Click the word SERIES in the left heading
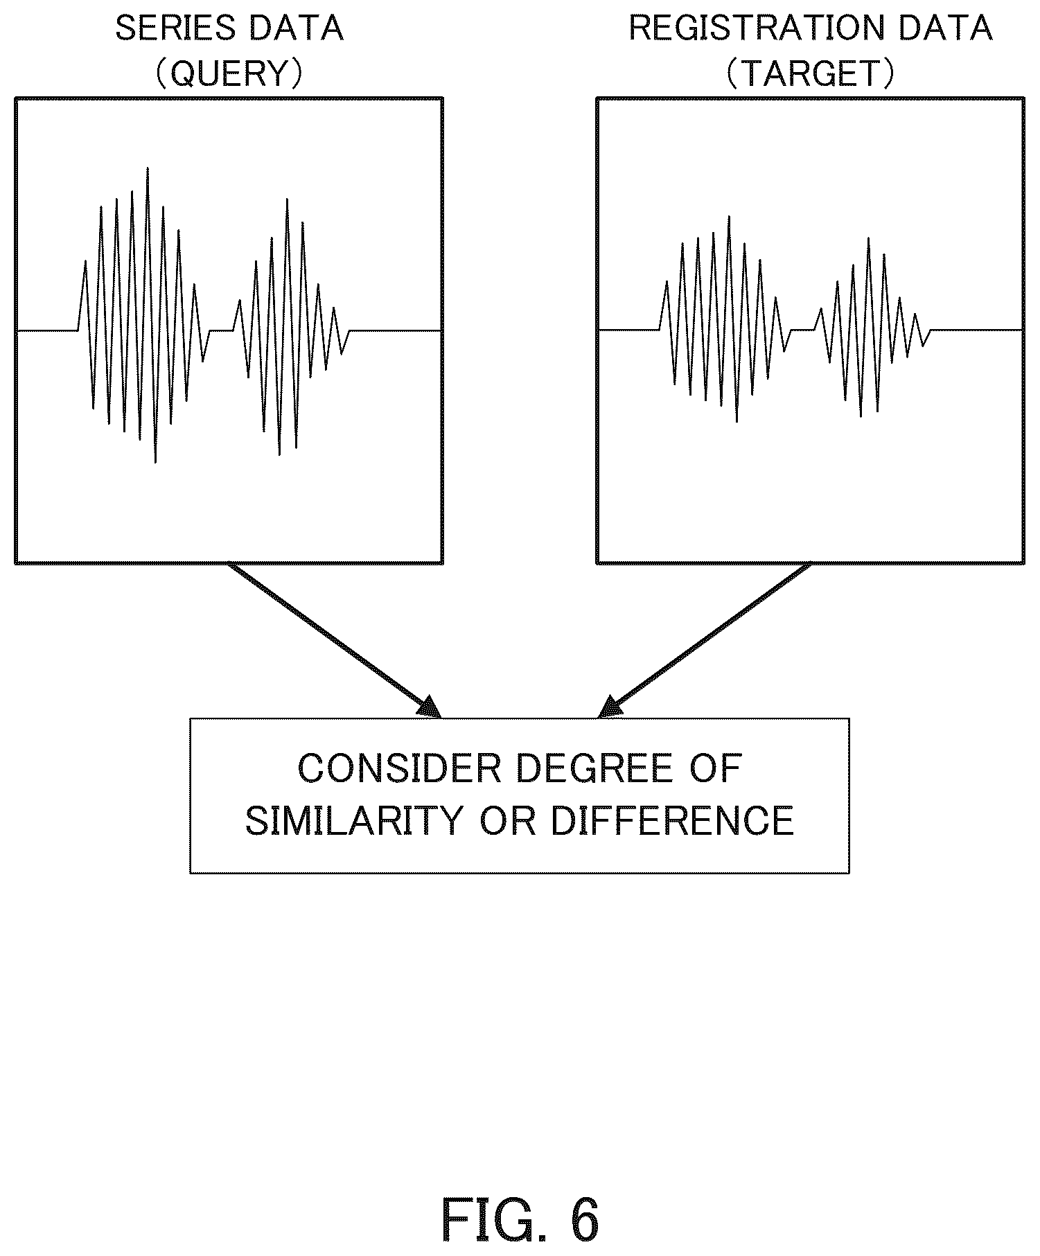(x=175, y=29)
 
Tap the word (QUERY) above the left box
(x=229, y=73)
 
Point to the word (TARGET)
(x=810, y=73)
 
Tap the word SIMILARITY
(x=353, y=821)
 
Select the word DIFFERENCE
(x=672, y=821)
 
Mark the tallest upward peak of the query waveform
(x=148, y=168)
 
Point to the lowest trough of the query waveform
(x=155, y=462)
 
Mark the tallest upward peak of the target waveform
(x=729, y=216)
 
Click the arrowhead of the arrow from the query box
(x=430, y=707)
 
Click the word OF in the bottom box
(x=716, y=769)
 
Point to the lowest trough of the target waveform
(x=737, y=421)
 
